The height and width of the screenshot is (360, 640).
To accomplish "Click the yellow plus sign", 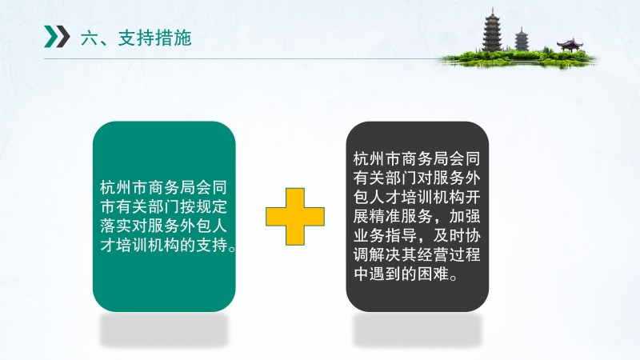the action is (x=295, y=216).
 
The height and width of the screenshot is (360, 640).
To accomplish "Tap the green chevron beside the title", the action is (x=51, y=36).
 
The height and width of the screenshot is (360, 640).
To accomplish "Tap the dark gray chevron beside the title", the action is (x=63, y=36).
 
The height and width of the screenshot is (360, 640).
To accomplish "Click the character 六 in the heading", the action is (x=90, y=38).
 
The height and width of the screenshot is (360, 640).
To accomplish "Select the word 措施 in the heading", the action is (x=174, y=38).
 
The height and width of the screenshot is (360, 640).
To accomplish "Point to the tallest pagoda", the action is (x=492, y=30).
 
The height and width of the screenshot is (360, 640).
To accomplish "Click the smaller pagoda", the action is (x=522, y=39).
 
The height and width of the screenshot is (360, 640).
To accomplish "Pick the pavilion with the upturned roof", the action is (x=570, y=45).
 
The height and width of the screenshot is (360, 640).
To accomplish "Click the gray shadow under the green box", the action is (x=164, y=330).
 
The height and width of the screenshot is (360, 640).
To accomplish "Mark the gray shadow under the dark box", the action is (x=417, y=330).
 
